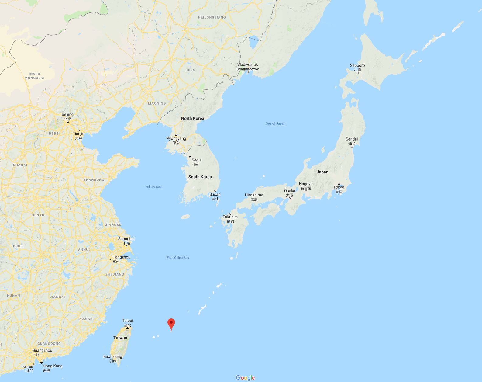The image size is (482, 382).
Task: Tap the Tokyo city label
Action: pyautogui.click(x=339, y=187)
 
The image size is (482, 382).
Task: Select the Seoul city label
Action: pyautogui.click(x=196, y=160)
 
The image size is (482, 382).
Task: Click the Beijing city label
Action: pyautogui.click(x=67, y=115)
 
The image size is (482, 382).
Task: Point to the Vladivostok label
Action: pyautogui.click(x=248, y=65)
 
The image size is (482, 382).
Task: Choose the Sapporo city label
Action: pyautogui.click(x=357, y=66)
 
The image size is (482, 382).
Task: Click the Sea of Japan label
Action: pyautogui.click(x=275, y=123)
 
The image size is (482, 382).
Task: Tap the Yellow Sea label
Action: pyautogui.click(x=153, y=187)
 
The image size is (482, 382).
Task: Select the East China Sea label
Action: pyautogui.click(x=178, y=258)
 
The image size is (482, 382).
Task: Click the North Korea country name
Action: pyautogui.click(x=193, y=118)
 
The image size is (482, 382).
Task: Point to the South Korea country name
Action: pyautogui.click(x=200, y=177)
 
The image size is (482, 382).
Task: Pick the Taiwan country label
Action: pyautogui.click(x=120, y=338)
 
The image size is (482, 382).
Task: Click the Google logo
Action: pyautogui.click(x=245, y=378)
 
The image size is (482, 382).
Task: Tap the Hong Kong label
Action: pyautogui.click(x=52, y=366)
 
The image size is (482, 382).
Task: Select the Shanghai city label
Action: pyautogui.click(x=126, y=239)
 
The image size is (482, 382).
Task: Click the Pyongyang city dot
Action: pyautogui.click(x=176, y=135)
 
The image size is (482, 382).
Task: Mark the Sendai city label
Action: pyautogui.click(x=352, y=139)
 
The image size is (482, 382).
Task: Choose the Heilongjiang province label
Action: pyautogui.click(x=212, y=17)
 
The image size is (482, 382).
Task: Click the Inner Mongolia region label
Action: pyautogui.click(x=34, y=76)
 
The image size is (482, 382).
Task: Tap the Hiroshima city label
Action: pyautogui.click(x=254, y=195)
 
